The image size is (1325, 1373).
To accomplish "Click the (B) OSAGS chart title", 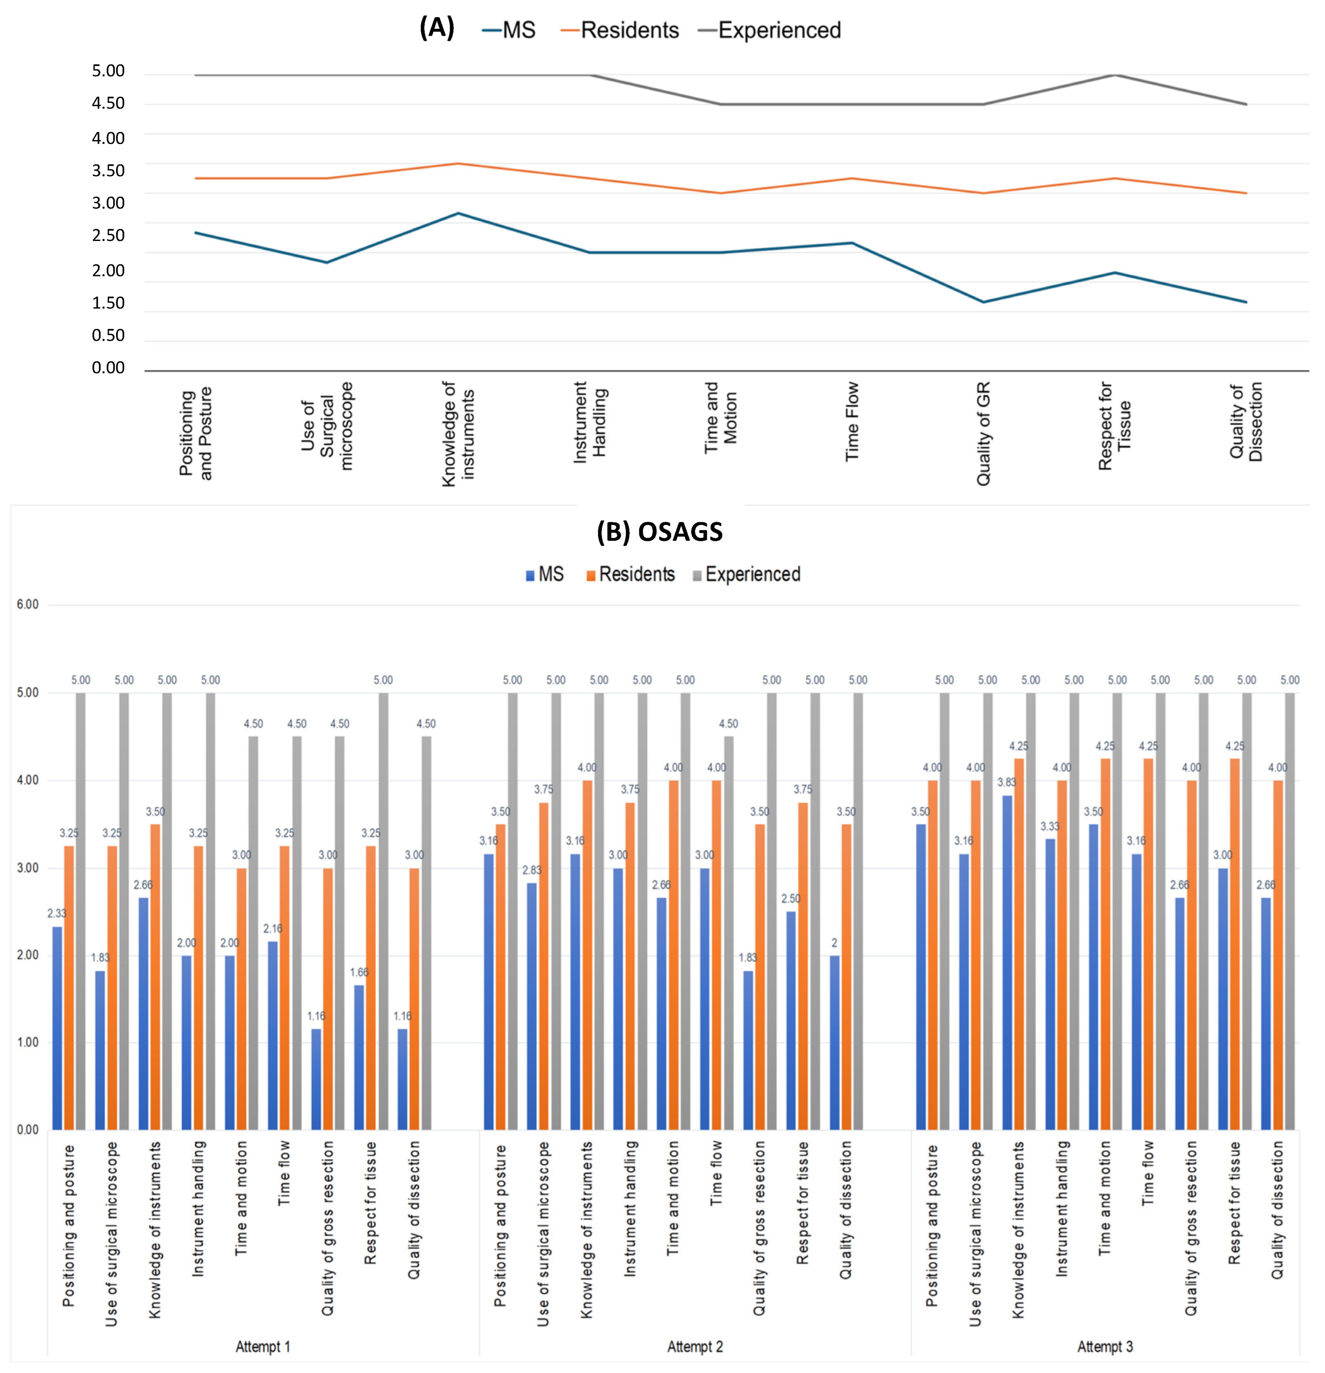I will (659, 532).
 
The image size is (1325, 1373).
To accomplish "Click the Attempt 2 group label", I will (695, 1346).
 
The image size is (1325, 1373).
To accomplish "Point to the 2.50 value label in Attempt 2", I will (791, 899).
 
